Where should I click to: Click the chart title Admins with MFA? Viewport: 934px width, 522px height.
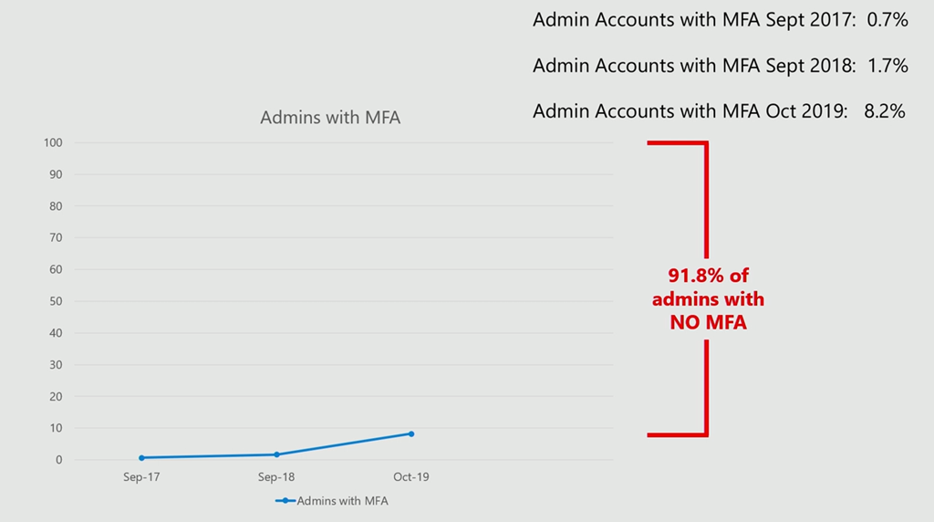[x=330, y=118]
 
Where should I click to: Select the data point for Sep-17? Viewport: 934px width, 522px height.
[x=141, y=457]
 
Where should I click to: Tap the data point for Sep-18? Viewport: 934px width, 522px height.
[x=276, y=454]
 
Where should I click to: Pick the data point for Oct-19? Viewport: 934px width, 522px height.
[x=411, y=433]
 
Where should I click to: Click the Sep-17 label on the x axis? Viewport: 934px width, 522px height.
[x=141, y=477]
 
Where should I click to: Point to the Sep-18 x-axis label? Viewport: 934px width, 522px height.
[x=276, y=477]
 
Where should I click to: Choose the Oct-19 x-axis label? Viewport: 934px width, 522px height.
[x=411, y=477]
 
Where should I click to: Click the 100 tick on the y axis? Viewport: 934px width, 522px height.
[x=52, y=142]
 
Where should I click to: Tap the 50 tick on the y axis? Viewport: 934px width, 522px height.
[x=56, y=301]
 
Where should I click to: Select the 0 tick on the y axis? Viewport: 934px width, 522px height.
[x=58, y=460]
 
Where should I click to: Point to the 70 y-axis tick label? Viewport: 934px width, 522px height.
[x=56, y=237]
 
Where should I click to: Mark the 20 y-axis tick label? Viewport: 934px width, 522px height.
[x=56, y=396]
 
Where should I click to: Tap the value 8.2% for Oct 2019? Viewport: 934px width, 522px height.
[x=884, y=111]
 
